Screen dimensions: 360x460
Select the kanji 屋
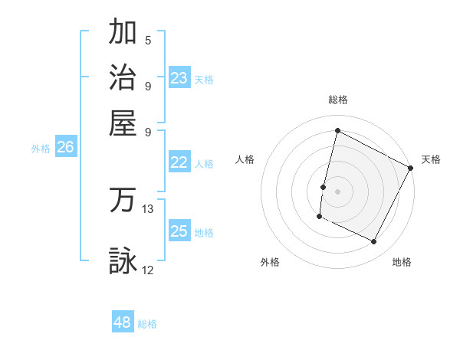pos(123,123)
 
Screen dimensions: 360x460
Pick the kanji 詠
pos(123,260)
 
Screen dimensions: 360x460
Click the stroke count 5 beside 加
pos(148,41)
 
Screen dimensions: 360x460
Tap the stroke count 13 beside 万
pos(148,208)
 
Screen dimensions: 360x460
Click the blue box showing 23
pos(179,78)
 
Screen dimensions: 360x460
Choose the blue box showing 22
pos(179,162)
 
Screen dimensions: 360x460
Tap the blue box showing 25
pos(179,231)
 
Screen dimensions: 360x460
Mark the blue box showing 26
pos(65,147)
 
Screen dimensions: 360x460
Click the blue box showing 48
pos(123,322)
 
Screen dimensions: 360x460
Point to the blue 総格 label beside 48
pos(148,324)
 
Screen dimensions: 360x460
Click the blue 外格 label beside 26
pos(41,149)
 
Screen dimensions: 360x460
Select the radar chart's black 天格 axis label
pos(431,159)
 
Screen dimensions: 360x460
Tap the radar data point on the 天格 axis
pos(410,168)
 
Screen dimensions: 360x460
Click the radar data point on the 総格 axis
pos(337,131)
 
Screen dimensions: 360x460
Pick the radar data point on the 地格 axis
pos(374,242)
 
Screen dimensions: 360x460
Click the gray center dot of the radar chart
pos(337,191)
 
